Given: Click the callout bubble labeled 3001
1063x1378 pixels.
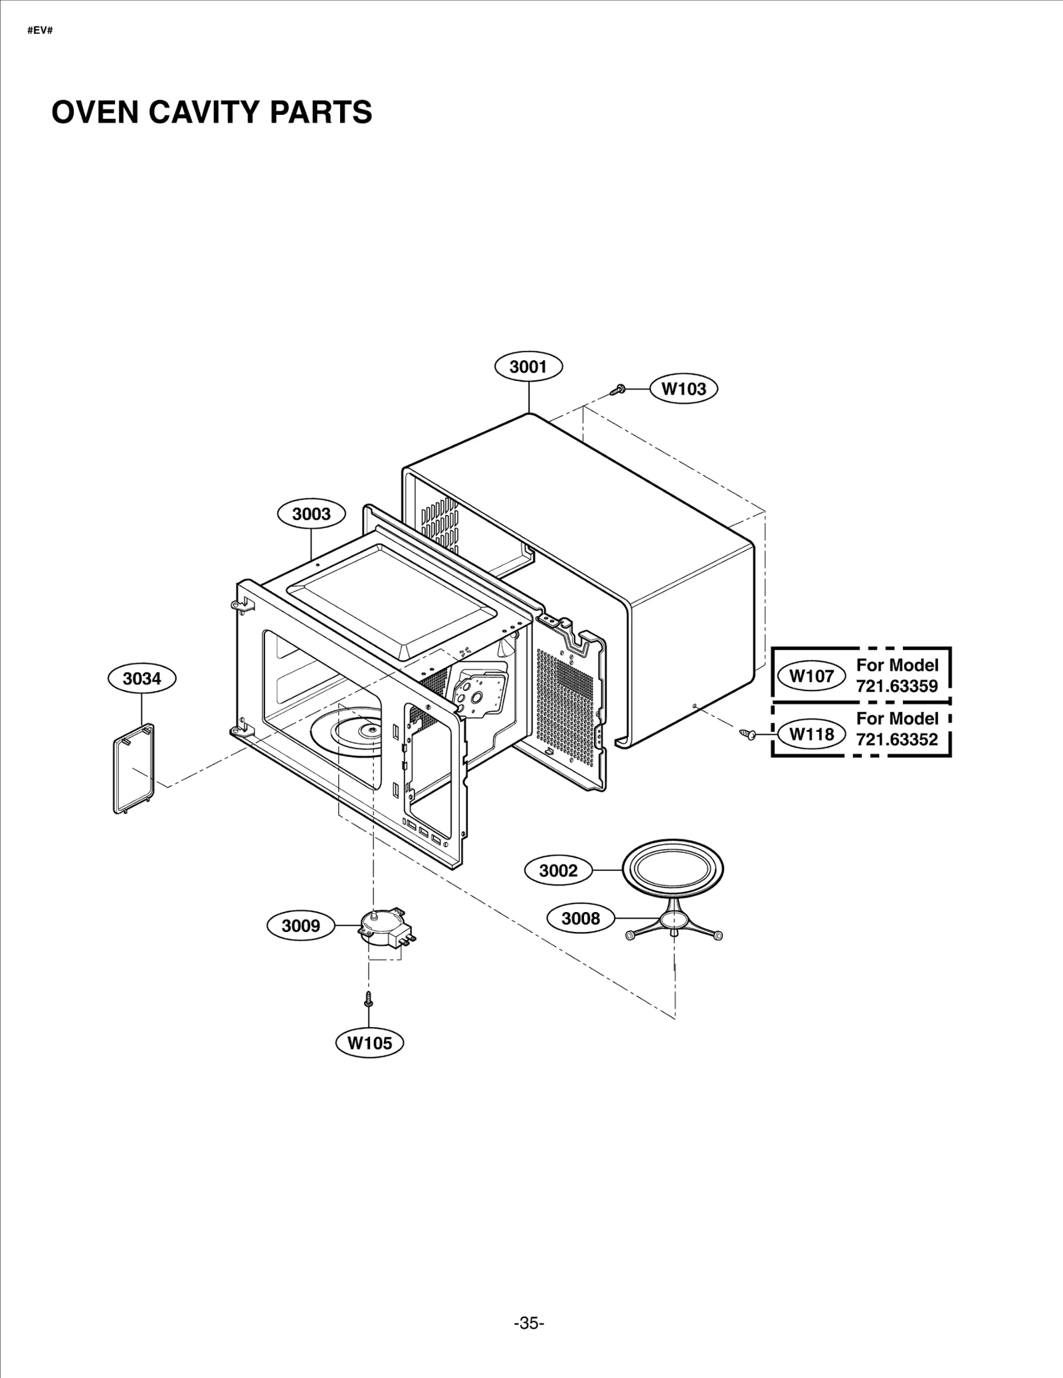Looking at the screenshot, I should [x=528, y=367].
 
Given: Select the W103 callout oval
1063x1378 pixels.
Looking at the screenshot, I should [x=684, y=388].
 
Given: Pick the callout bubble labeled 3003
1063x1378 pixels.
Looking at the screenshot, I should [x=312, y=514].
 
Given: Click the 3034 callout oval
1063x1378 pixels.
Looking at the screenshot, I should [x=142, y=679].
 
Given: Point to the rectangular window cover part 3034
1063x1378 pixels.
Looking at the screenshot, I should [x=134, y=769].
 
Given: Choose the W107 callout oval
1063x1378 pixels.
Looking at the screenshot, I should [x=811, y=676].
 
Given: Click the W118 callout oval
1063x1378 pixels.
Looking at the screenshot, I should [x=811, y=735].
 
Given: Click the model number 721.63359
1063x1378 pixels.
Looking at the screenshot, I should [x=897, y=686].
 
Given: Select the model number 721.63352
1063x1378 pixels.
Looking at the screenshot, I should [x=897, y=739].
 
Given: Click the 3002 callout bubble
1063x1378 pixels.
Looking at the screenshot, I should [x=558, y=871].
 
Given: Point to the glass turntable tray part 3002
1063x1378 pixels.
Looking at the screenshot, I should [x=672, y=868].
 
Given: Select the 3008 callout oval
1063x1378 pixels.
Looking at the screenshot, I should [x=581, y=919].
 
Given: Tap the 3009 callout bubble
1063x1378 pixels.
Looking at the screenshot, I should [x=301, y=926].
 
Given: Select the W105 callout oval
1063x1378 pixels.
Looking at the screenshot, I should [x=370, y=1043].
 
